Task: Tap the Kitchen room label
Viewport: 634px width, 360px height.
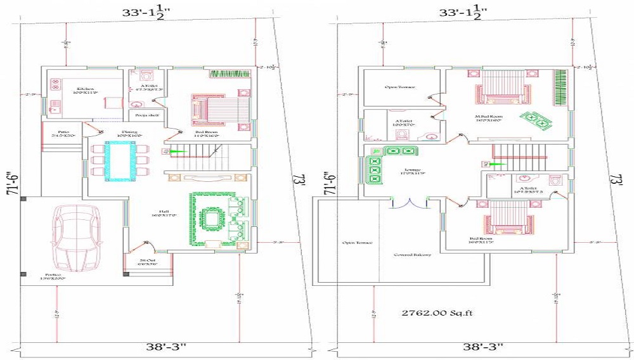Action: click(86, 89)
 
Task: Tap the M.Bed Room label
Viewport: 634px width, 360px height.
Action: click(489, 117)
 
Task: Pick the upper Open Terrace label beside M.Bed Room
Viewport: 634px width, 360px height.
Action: click(400, 87)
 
